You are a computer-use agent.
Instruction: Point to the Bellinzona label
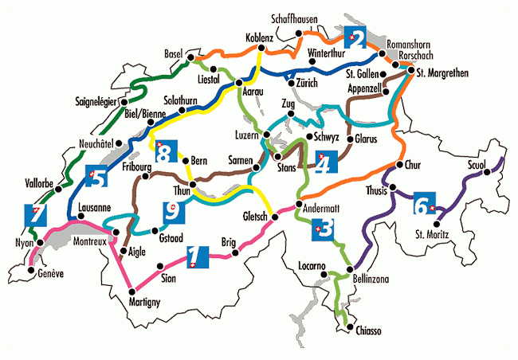[x=375, y=284]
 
